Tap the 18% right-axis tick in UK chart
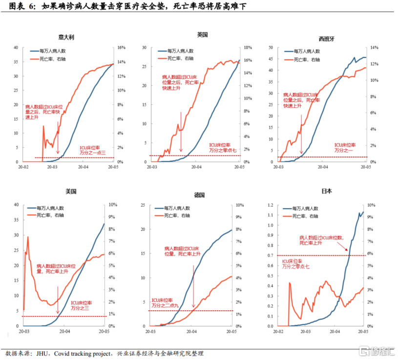pos(248,48)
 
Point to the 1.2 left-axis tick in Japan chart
pos(273,205)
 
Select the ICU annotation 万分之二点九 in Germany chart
pos(167,305)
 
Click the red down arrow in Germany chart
pos(194,288)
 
